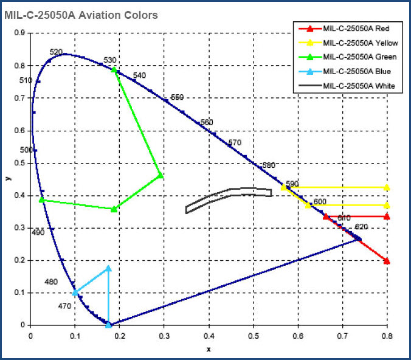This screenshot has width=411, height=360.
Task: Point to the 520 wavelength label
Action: [x=56, y=53]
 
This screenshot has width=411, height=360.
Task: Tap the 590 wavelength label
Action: [x=292, y=184]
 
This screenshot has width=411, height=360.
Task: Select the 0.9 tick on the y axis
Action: [x=20, y=33]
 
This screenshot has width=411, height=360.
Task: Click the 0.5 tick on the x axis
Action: [x=254, y=335]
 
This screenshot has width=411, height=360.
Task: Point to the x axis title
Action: [x=209, y=349]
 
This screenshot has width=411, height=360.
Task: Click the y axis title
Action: [x=8, y=179]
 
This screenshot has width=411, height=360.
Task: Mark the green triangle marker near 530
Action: [x=114, y=70]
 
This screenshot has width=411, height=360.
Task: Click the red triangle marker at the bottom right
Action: [x=387, y=261]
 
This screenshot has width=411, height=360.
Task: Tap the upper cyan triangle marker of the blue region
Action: [x=108, y=268]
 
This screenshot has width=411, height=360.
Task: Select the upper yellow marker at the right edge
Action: [x=387, y=187]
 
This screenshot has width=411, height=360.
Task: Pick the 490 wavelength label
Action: [x=38, y=232]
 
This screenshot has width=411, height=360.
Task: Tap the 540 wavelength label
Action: [x=139, y=75]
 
